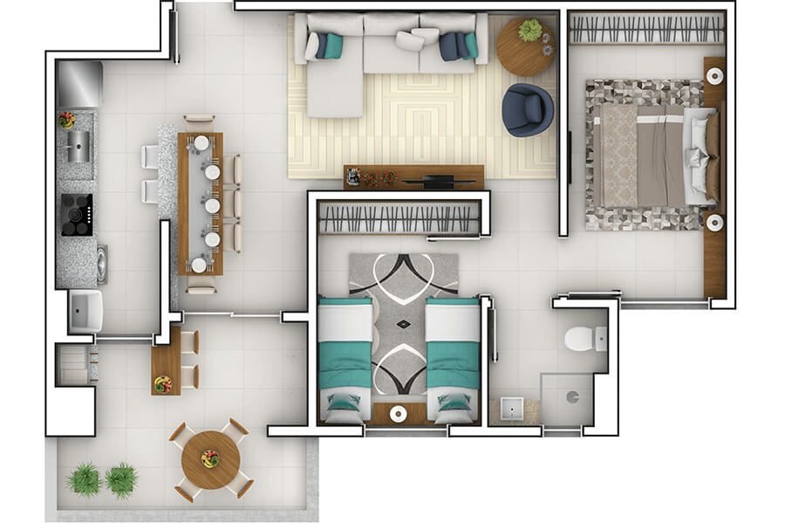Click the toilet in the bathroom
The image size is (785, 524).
tap(578, 337)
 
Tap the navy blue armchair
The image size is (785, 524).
tap(527, 109)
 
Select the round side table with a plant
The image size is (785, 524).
tap(525, 46)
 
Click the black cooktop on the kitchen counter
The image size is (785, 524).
tap(77, 214)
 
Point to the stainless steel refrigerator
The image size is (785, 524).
tap(79, 84)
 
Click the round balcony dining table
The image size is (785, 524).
tap(210, 459)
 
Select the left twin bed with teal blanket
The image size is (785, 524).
tap(345, 358)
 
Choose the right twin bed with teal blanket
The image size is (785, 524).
tap(453, 358)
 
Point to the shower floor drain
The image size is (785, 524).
tap(571, 396)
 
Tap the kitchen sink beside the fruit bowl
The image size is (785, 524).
tap(79, 145)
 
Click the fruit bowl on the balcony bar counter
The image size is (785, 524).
tap(163, 383)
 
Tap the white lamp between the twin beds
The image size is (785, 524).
tap(399, 413)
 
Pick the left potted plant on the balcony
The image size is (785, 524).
tap(85, 479)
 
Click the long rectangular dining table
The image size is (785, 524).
tap(201, 203)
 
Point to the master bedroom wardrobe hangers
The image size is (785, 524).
tap(646, 29)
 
